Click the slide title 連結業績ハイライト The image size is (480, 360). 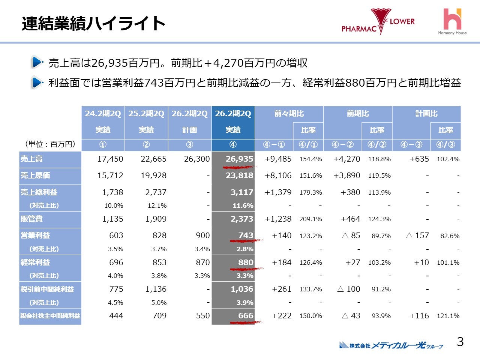[93, 23]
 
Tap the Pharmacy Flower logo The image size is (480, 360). [378, 22]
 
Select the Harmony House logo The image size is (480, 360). [452, 22]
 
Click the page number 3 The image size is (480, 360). [460, 342]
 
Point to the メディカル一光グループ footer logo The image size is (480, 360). [391, 345]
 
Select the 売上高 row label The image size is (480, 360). [31, 159]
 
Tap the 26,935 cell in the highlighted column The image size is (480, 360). [239, 159]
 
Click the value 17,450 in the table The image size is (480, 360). [110, 159]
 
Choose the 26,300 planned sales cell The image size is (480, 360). [196, 159]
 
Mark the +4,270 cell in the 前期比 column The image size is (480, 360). [346, 159]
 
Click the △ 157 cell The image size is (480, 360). [417, 235]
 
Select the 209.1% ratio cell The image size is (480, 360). [310, 219]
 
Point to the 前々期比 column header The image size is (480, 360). [289, 114]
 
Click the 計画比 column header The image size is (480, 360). [426, 114]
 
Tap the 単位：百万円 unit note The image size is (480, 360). [50, 144]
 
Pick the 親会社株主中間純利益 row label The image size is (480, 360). [50, 316]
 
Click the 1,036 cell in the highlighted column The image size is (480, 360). [241, 289]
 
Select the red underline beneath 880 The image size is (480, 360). [246, 269]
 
